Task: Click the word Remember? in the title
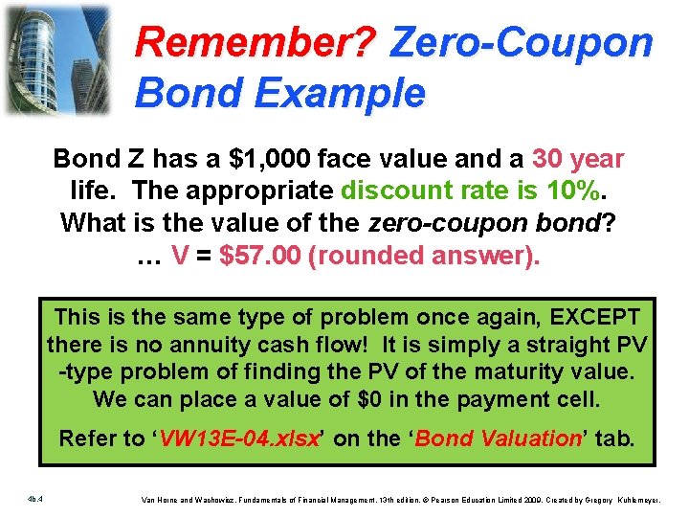(258, 42)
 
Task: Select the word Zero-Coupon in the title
(522, 42)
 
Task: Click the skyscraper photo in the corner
(56, 59)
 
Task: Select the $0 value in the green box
(344, 397)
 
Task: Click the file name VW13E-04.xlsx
(241, 438)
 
